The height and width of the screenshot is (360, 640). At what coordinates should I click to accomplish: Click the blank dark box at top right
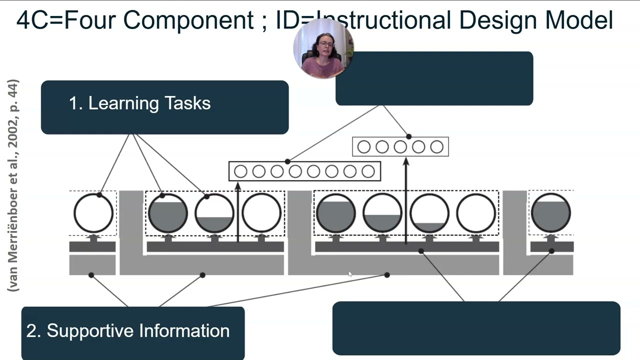pos(434,78)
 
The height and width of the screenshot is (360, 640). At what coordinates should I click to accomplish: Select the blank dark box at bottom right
pos(476,328)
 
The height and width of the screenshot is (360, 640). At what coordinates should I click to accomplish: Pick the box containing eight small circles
pos(304,171)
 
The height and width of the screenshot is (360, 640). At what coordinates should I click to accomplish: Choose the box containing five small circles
pos(400,147)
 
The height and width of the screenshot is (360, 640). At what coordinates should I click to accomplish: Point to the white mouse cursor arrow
pos(350,273)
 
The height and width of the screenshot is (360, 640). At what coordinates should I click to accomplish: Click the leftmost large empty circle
pos(93,213)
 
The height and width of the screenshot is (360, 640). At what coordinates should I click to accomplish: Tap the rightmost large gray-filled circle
pos(550,213)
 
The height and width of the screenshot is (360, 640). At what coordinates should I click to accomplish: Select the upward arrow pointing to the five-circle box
pos(406,200)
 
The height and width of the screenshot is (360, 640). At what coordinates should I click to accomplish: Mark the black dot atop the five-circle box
pos(409,136)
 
